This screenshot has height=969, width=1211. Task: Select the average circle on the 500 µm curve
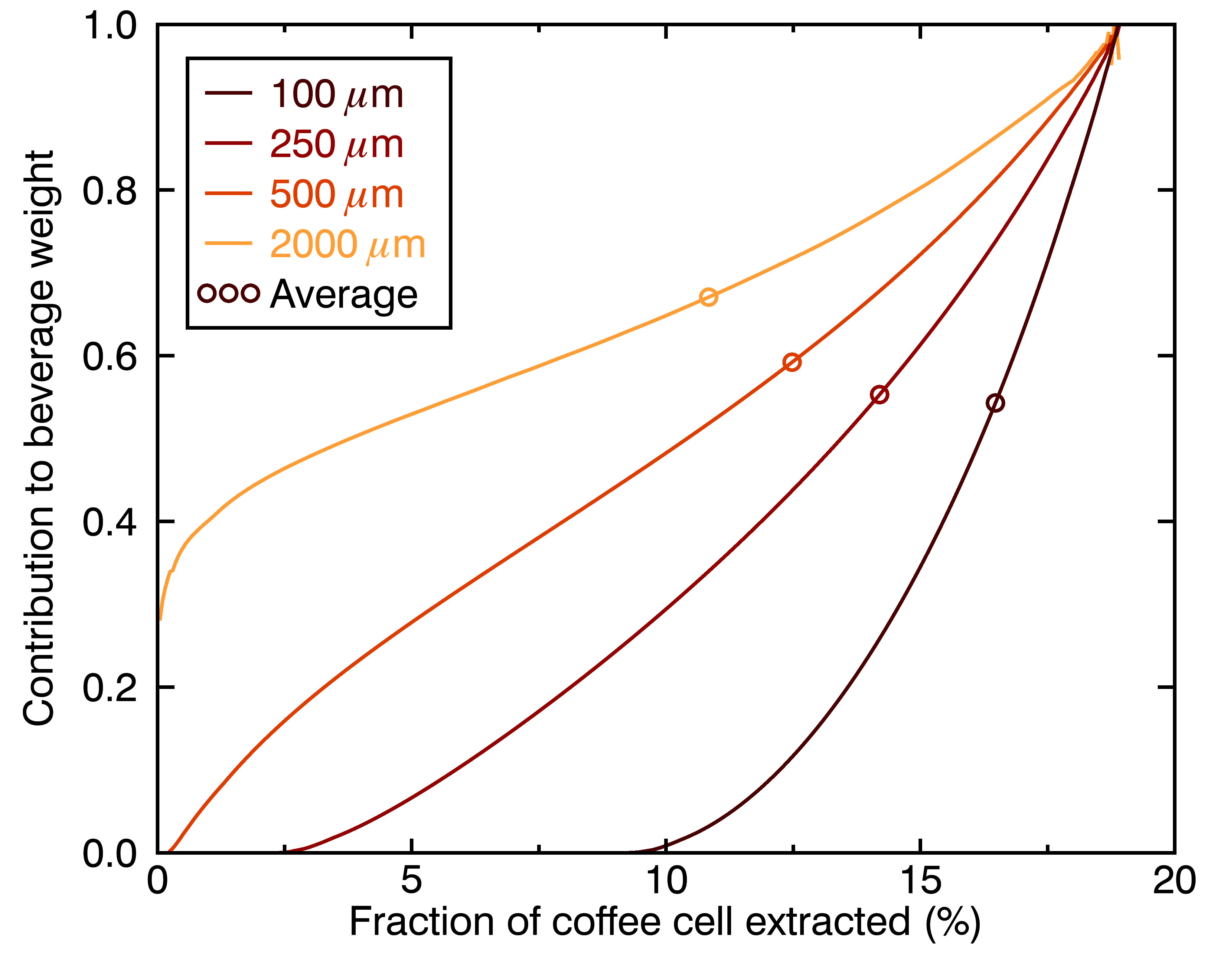pos(792,362)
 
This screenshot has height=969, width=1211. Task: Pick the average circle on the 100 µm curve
pos(995,403)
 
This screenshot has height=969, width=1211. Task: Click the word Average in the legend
pos(344,294)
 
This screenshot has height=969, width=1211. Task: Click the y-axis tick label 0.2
pos(109,687)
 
